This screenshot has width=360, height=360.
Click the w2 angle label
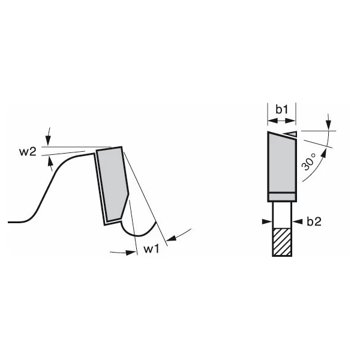pos(27,151)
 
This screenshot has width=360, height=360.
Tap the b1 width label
pos(281,109)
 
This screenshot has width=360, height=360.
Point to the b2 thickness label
pos(314,221)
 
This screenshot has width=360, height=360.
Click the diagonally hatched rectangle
pos(282,242)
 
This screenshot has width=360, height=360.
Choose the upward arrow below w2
pos(50,161)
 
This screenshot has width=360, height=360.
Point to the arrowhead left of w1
pos(128,253)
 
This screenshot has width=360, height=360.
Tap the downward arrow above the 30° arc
pos(329,122)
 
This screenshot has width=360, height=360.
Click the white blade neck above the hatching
pos(282,214)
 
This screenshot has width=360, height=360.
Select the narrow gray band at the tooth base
pos(281,197)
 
